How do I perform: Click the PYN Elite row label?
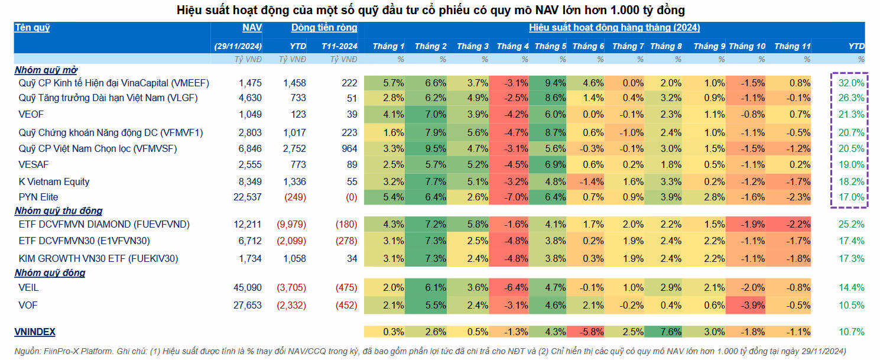tap(38, 197)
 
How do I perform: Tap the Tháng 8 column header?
tap(666, 46)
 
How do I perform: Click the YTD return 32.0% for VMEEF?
tap(851, 83)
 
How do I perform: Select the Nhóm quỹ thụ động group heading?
tap(59, 211)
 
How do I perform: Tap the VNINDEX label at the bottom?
tap(35, 332)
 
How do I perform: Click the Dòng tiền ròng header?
tap(324, 28)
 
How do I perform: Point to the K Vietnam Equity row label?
tap(54, 181)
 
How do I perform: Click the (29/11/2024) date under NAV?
tap(238, 46)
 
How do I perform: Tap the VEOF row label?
tap(31, 114)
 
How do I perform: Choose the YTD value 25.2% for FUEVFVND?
tap(851, 225)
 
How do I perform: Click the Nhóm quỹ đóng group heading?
tap(50, 273)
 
